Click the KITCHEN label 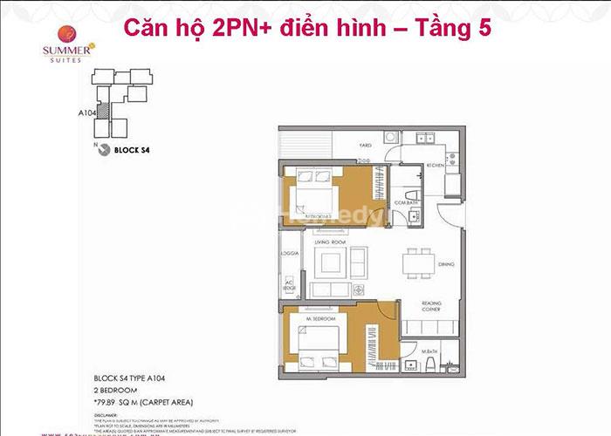(436, 164)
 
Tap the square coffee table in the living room (333, 262)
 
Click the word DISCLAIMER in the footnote (109, 415)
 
